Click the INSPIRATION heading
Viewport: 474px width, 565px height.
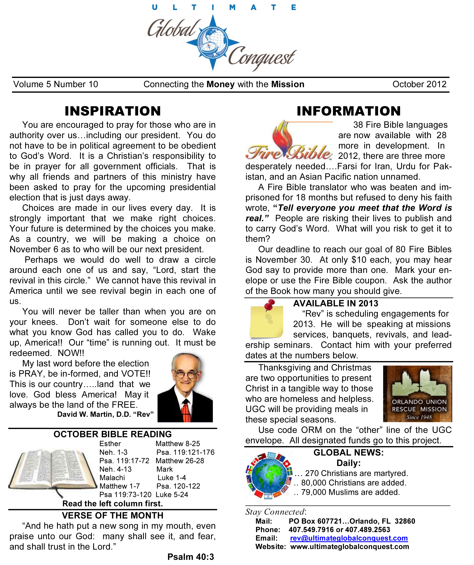113,111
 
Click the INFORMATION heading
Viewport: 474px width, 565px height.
349,111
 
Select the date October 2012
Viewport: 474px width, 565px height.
419,84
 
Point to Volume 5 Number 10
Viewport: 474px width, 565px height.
56,84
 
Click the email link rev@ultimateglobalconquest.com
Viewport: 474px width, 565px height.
349,538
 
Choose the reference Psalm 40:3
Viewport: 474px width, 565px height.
190,557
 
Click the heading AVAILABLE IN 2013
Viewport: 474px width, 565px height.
336,303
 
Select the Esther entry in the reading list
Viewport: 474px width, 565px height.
110,444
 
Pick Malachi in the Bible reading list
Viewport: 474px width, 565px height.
112,478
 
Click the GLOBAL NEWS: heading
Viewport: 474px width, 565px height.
349,453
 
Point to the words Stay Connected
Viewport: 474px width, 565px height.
275,512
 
